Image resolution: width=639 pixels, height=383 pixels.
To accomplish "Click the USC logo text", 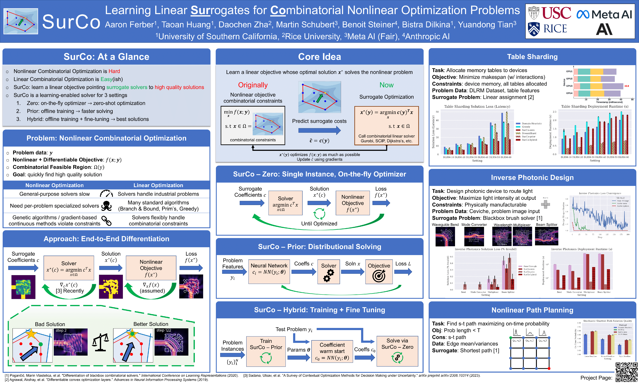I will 556,13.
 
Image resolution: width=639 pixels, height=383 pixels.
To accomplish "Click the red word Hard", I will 114,71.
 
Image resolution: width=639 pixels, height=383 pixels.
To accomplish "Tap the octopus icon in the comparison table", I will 106,206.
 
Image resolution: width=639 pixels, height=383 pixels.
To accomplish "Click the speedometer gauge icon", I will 106,194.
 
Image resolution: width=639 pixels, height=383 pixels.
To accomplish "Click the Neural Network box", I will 269,272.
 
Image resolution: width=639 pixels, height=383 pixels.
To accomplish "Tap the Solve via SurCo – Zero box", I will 397,351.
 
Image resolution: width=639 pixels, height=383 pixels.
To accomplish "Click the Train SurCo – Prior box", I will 266,351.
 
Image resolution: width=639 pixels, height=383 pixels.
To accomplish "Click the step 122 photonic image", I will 171,342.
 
